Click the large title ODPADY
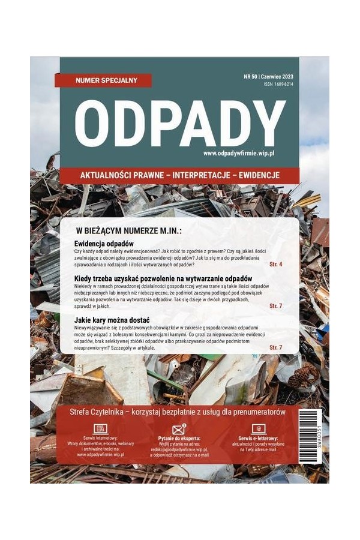[179, 123]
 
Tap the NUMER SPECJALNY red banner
[103, 80]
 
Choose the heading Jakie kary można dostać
[112, 319]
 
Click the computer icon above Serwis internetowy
[101, 429]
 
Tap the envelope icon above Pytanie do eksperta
[179, 429]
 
